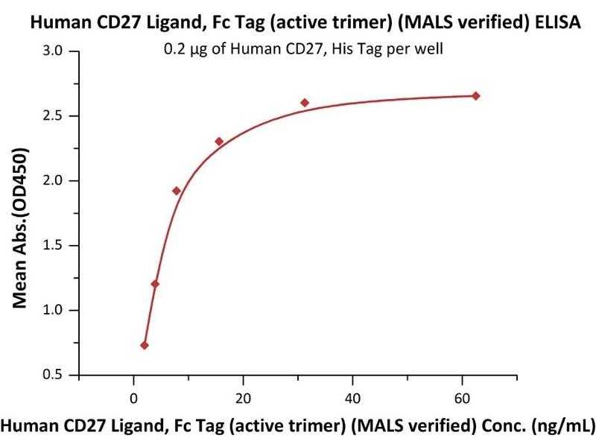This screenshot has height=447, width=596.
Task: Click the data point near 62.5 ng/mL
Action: tap(476, 96)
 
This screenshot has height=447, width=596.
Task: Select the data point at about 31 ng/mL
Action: tap(305, 103)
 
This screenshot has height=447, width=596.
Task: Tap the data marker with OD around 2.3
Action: tap(219, 142)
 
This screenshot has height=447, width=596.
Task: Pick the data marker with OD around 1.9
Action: tap(177, 191)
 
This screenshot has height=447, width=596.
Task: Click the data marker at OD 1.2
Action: tap(155, 284)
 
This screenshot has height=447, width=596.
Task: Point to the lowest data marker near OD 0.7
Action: tap(145, 345)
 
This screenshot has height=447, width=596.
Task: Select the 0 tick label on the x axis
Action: tap(133, 396)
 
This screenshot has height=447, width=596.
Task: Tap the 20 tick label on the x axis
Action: tap(243, 396)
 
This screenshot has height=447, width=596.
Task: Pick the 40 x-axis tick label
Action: tap(352, 396)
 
